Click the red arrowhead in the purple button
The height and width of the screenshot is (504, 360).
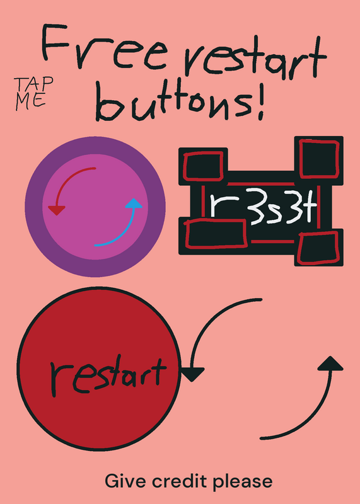click(57, 210)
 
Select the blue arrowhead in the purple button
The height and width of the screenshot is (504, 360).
click(134, 203)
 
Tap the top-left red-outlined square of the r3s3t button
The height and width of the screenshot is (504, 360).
click(203, 166)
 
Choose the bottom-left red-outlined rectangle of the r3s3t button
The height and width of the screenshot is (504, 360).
click(216, 234)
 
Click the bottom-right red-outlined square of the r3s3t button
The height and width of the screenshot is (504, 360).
click(318, 248)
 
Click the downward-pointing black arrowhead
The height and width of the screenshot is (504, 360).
click(192, 374)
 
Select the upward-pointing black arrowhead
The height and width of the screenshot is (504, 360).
click(330, 364)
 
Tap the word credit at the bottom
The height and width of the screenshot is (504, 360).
click(180, 481)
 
